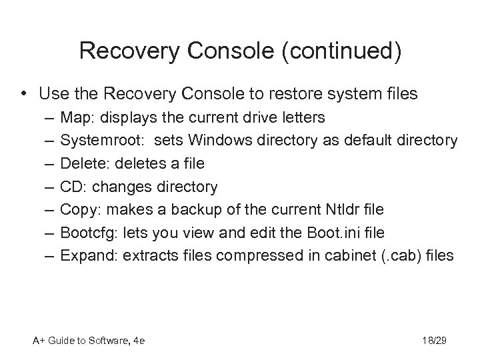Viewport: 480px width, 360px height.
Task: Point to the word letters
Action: (x=302, y=118)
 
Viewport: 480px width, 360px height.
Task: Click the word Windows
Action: (x=217, y=141)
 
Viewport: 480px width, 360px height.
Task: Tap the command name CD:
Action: (x=73, y=186)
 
